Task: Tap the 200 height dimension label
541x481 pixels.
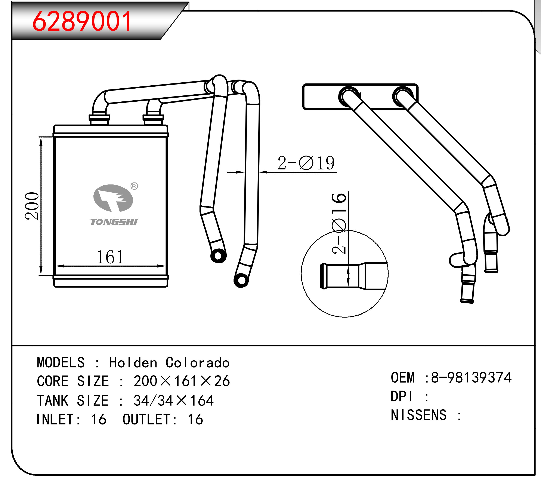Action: (32, 206)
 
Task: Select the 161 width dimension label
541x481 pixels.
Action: (110, 257)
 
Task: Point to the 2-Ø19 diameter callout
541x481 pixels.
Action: (306, 163)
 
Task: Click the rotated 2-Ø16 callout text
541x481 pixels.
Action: (339, 224)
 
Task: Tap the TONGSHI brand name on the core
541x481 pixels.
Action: (114, 222)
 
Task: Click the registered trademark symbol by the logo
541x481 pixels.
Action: (134, 186)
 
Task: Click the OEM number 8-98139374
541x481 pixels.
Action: (471, 377)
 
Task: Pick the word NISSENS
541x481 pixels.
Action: (419, 415)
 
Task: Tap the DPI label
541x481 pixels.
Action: (402, 396)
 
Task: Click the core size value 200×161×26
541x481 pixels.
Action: (182, 381)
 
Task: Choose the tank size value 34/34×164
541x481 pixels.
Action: (173, 401)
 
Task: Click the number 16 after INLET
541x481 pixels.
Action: (98, 419)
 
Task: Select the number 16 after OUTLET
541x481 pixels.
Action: (195, 419)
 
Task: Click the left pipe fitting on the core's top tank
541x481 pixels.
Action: (99, 119)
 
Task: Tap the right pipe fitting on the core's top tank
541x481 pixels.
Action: (153, 119)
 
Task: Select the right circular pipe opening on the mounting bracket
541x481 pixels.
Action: (403, 97)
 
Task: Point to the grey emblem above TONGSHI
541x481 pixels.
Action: (113, 198)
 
